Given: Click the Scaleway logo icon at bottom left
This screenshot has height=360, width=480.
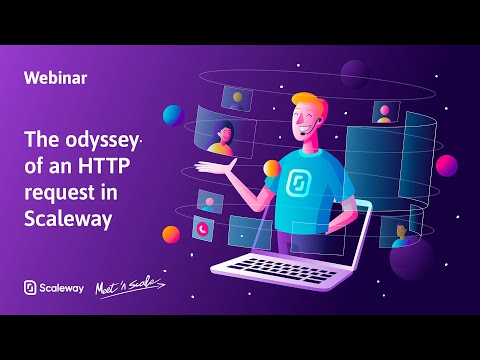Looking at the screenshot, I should pos(30,288).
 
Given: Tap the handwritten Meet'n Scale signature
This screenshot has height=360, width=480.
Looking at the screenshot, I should pos(129,288).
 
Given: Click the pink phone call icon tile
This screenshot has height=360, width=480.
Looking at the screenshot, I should pos(203,229).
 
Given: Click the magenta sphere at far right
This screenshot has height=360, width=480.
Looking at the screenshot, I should pos(447,165).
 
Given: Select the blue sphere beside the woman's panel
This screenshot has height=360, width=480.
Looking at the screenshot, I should pos(173,115).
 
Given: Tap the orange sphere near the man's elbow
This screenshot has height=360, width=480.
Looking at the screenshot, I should pos(271,168).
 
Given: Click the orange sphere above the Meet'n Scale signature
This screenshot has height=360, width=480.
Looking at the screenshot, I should pos(171,235).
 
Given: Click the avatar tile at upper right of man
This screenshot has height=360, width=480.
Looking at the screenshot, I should pos(383,110).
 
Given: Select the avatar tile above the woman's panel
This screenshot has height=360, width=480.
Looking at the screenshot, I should pos(237,98).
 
